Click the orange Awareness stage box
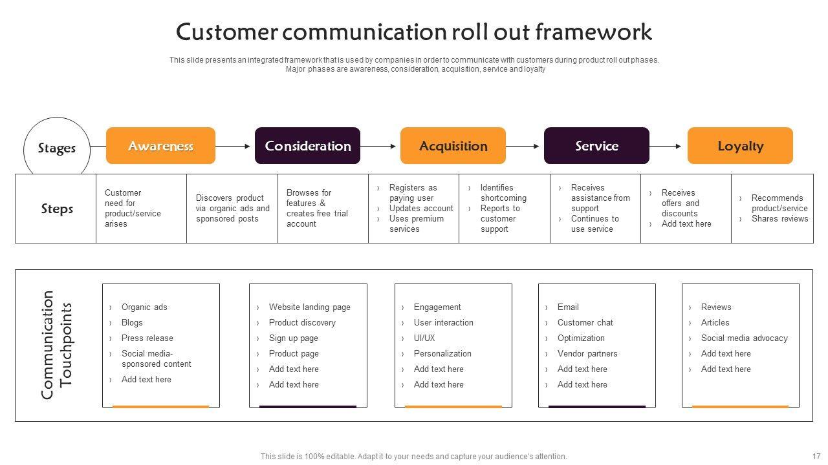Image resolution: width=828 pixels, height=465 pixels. pyautogui.click(x=160, y=146)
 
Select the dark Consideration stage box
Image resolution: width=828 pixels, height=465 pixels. pyautogui.click(x=307, y=146)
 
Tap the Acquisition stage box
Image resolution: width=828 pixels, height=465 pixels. pyautogui.click(x=453, y=146)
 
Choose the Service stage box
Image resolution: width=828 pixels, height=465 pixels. pyautogui.click(x=596, y=146)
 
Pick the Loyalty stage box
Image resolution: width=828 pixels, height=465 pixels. pyautogui.click(x=740, y=146)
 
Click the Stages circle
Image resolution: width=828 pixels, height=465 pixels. pyautogui.click(x=57, y=149)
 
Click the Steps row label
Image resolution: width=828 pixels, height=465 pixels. pyautogui.click(x=57, y=209)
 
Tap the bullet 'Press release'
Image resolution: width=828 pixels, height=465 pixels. pyautogui.click(x=147, y=338)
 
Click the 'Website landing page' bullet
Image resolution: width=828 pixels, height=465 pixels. pyautogui.click(x=309, y=307)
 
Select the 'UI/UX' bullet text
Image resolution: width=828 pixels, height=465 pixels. pyautogui.click(x=424, y=338)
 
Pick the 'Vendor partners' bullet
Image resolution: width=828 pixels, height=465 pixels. pyautogui.click(x=587, y=353)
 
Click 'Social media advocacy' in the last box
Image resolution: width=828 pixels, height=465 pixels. pyautogui.click(x=744, y=338)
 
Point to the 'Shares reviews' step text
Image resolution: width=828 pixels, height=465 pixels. pyautogui.click(x=779, y=219)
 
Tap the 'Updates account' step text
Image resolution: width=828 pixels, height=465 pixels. pyautogui.click(x=421, y=209)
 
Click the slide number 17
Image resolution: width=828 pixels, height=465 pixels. pyautogui.click(x=816, y=456)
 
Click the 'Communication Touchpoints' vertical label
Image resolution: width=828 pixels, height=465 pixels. pyautogui.click(x=57, y=345)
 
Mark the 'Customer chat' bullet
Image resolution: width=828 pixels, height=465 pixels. pyautogui.click(x=585, y=322)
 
